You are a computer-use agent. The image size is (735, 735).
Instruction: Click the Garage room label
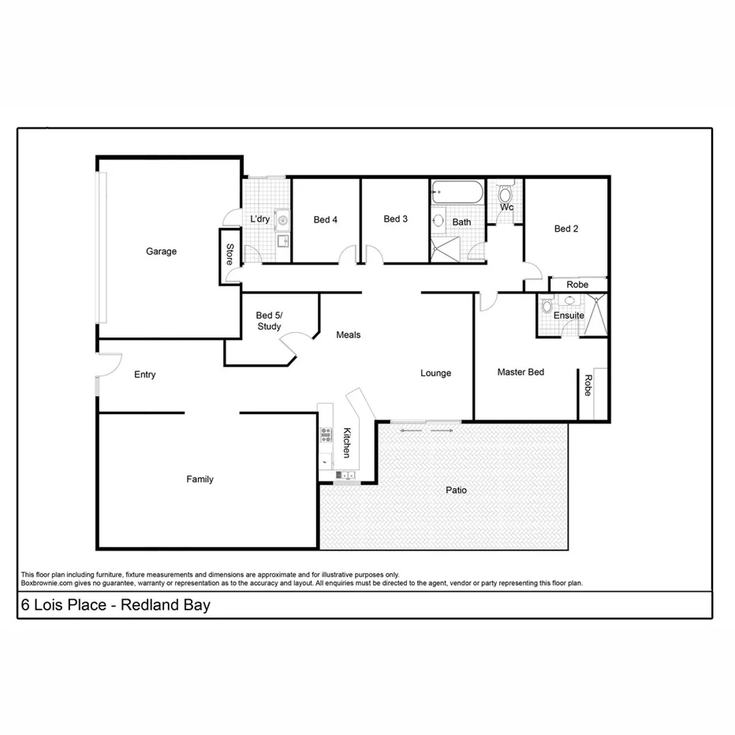[161, 252]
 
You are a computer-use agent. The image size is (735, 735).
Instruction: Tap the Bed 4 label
[325, 220]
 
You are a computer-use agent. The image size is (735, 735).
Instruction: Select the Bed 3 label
[395, 219]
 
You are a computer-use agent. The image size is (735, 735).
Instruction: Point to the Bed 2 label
[566, 229]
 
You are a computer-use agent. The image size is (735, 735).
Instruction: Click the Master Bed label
[520, 372]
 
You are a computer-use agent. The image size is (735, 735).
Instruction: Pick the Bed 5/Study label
[269, 321]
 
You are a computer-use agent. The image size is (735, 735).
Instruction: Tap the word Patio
[456, 491]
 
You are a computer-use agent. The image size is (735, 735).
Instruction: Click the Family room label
[200, 479]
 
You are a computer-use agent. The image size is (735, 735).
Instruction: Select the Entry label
[144, 375]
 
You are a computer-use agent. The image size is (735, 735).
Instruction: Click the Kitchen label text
[346, 442]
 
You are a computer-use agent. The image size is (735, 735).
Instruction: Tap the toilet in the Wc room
[506, 194]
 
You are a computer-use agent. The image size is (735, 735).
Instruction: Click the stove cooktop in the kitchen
[326, 434]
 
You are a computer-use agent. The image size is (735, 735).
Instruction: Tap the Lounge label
[435, 373]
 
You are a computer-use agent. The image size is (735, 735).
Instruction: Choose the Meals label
[348, 335]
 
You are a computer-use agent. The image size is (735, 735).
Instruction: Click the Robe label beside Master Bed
[588, 385]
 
